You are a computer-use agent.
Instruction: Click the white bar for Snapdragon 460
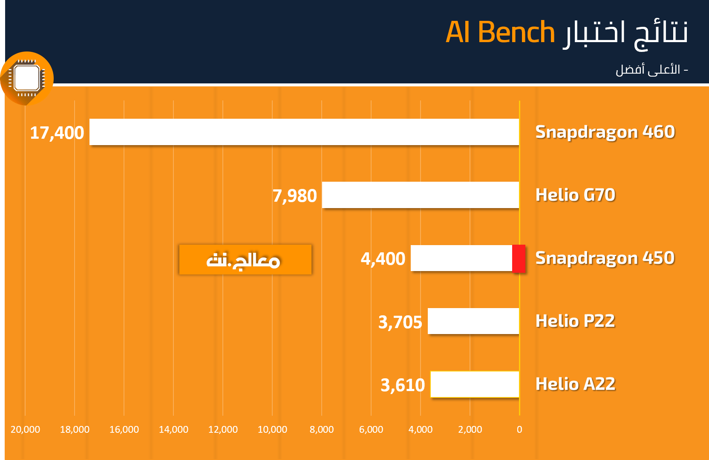(304, 132)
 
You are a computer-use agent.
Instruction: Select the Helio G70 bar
(421, 195)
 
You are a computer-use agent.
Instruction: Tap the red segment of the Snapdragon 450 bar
(519, 258)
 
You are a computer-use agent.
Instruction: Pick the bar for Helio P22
(473, 321)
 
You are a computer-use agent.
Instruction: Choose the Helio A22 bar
(475, 384)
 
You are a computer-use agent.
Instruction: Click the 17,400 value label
(57, 133)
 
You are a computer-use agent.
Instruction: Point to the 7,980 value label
(295, 196)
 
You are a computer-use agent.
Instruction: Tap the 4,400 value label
(383, 259)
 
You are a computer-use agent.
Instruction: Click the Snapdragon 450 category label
(605, 258)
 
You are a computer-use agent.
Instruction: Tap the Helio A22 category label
(576, 384)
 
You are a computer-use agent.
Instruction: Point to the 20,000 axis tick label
(25, 429)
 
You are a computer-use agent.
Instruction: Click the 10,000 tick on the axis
(272, 429)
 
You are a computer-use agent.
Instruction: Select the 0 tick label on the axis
(519, 429)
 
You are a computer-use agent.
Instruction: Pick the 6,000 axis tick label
(371, 429)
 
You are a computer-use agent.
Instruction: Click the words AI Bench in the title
(500, 32)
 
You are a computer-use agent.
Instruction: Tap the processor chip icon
(27, 78)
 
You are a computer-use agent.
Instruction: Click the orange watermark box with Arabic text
(245, 260)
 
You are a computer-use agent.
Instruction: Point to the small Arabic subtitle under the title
(652, 70)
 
